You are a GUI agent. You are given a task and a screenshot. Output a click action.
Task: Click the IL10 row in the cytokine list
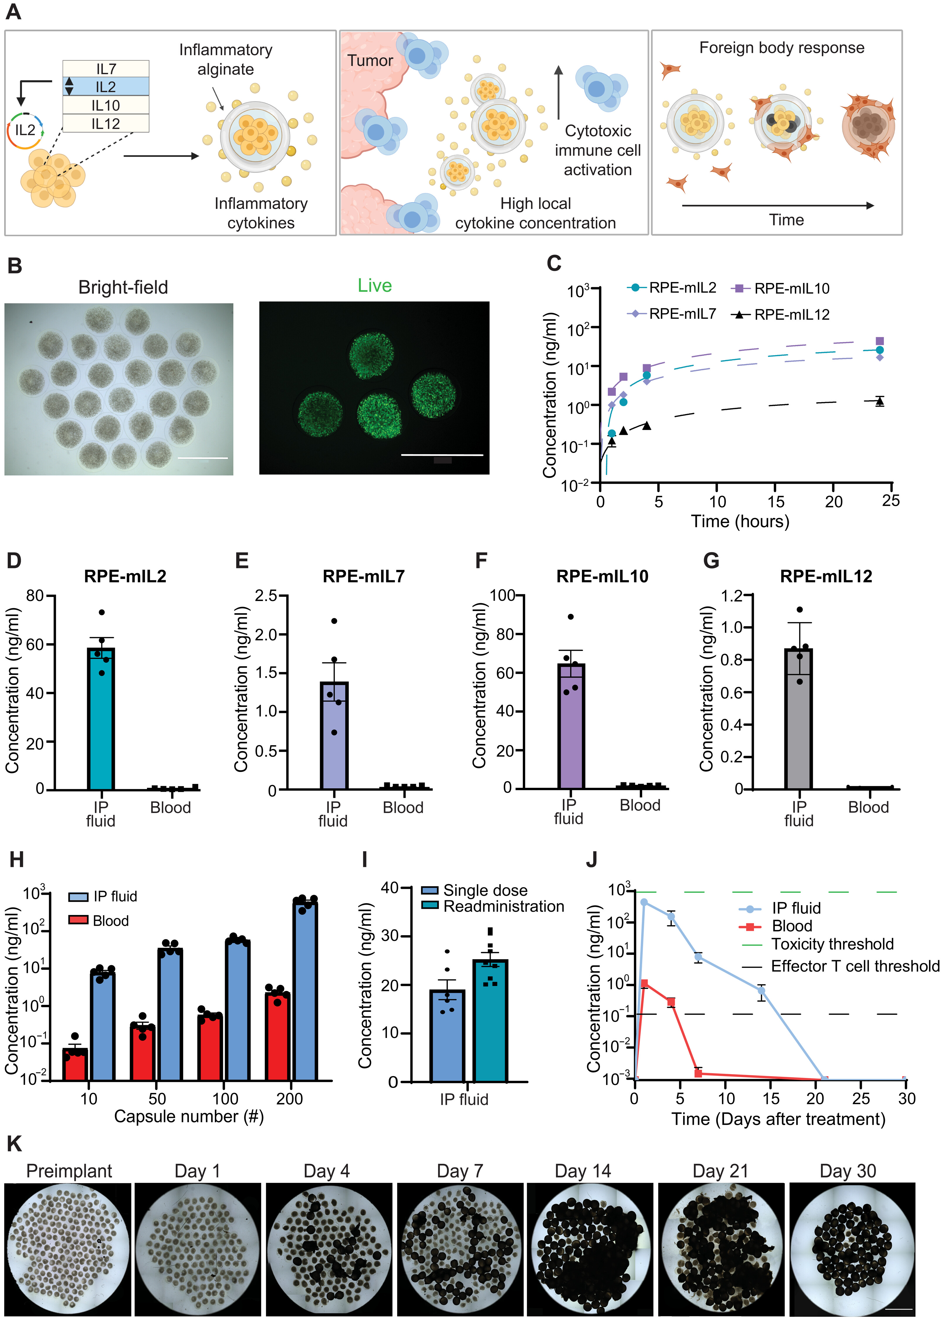106,105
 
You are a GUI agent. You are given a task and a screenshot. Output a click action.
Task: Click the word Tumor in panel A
370,60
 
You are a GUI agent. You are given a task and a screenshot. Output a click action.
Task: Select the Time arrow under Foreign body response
778,205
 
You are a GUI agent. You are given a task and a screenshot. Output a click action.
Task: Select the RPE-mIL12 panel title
826,576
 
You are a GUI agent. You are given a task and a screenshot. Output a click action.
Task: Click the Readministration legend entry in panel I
493,907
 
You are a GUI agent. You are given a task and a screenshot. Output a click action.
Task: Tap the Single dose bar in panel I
447,1035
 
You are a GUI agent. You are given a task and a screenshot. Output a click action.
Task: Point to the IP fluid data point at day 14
761,990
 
